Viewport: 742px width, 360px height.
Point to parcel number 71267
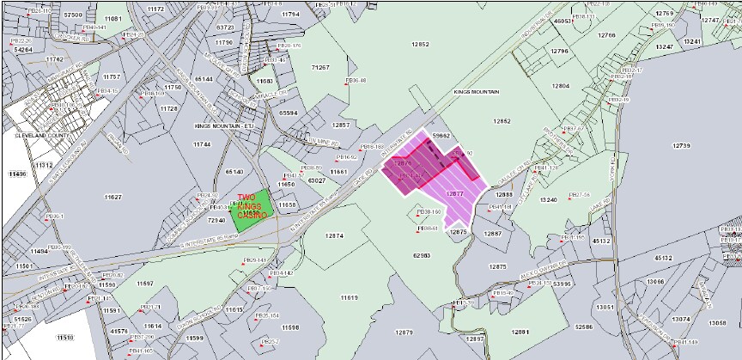tap(320, 66)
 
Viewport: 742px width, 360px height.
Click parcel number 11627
tap(113, 198)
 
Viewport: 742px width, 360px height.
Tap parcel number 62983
tap(422, 255)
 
